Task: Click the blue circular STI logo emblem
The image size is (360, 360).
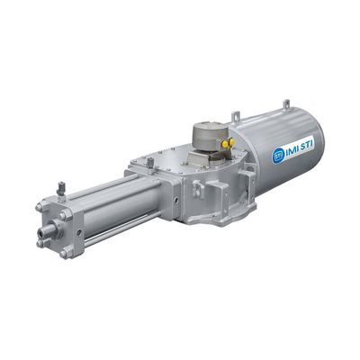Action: pos(277,156)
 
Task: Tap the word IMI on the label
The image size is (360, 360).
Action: pos(290,150)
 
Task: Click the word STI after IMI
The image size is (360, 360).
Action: pos(305,146)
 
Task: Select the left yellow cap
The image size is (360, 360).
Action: pos(225,145)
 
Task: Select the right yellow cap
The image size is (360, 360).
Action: pos(231,142)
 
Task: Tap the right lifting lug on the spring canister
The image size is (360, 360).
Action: pos(287,103)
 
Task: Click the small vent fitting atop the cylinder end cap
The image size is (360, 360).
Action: pos(61,189)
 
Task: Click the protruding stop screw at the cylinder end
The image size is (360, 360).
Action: pos(48,229)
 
